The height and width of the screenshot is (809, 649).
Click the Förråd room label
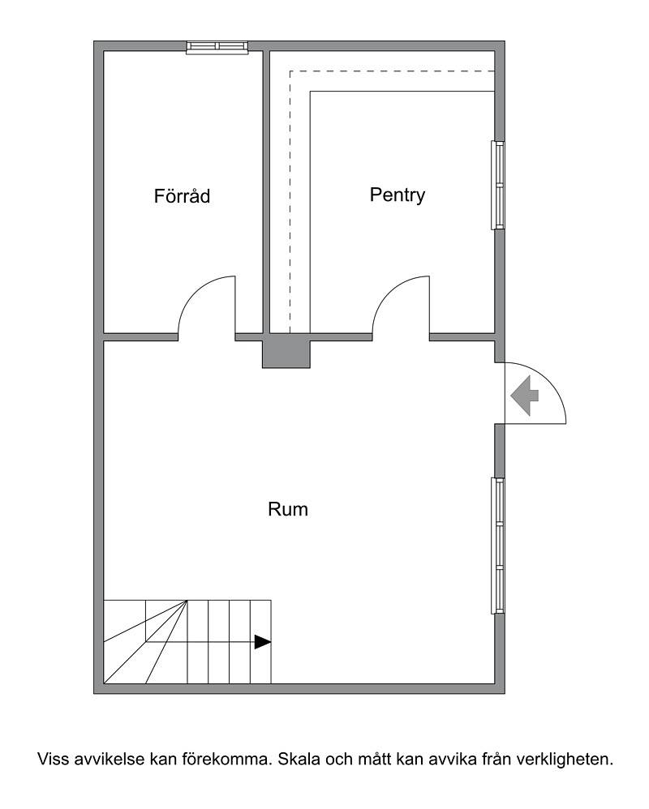coord(182,196)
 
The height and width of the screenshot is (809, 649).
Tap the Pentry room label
coord(397,195)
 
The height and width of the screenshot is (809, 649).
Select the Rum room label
coord(288,509)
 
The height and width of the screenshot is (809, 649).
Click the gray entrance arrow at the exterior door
coord(525,396)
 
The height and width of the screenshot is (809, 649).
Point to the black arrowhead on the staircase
coord(263,642)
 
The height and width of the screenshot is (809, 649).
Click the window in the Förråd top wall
coord(218,47)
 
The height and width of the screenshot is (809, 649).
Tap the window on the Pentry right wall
coord(498,185)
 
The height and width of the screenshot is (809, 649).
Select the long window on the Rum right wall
coord(498,546)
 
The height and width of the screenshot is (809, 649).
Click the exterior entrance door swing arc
coord(553,380)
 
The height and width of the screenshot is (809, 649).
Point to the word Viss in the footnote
coord(53,759)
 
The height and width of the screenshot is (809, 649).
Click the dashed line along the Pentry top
coord(393,71)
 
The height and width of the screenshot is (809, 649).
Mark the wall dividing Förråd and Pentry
coord(266,192)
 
